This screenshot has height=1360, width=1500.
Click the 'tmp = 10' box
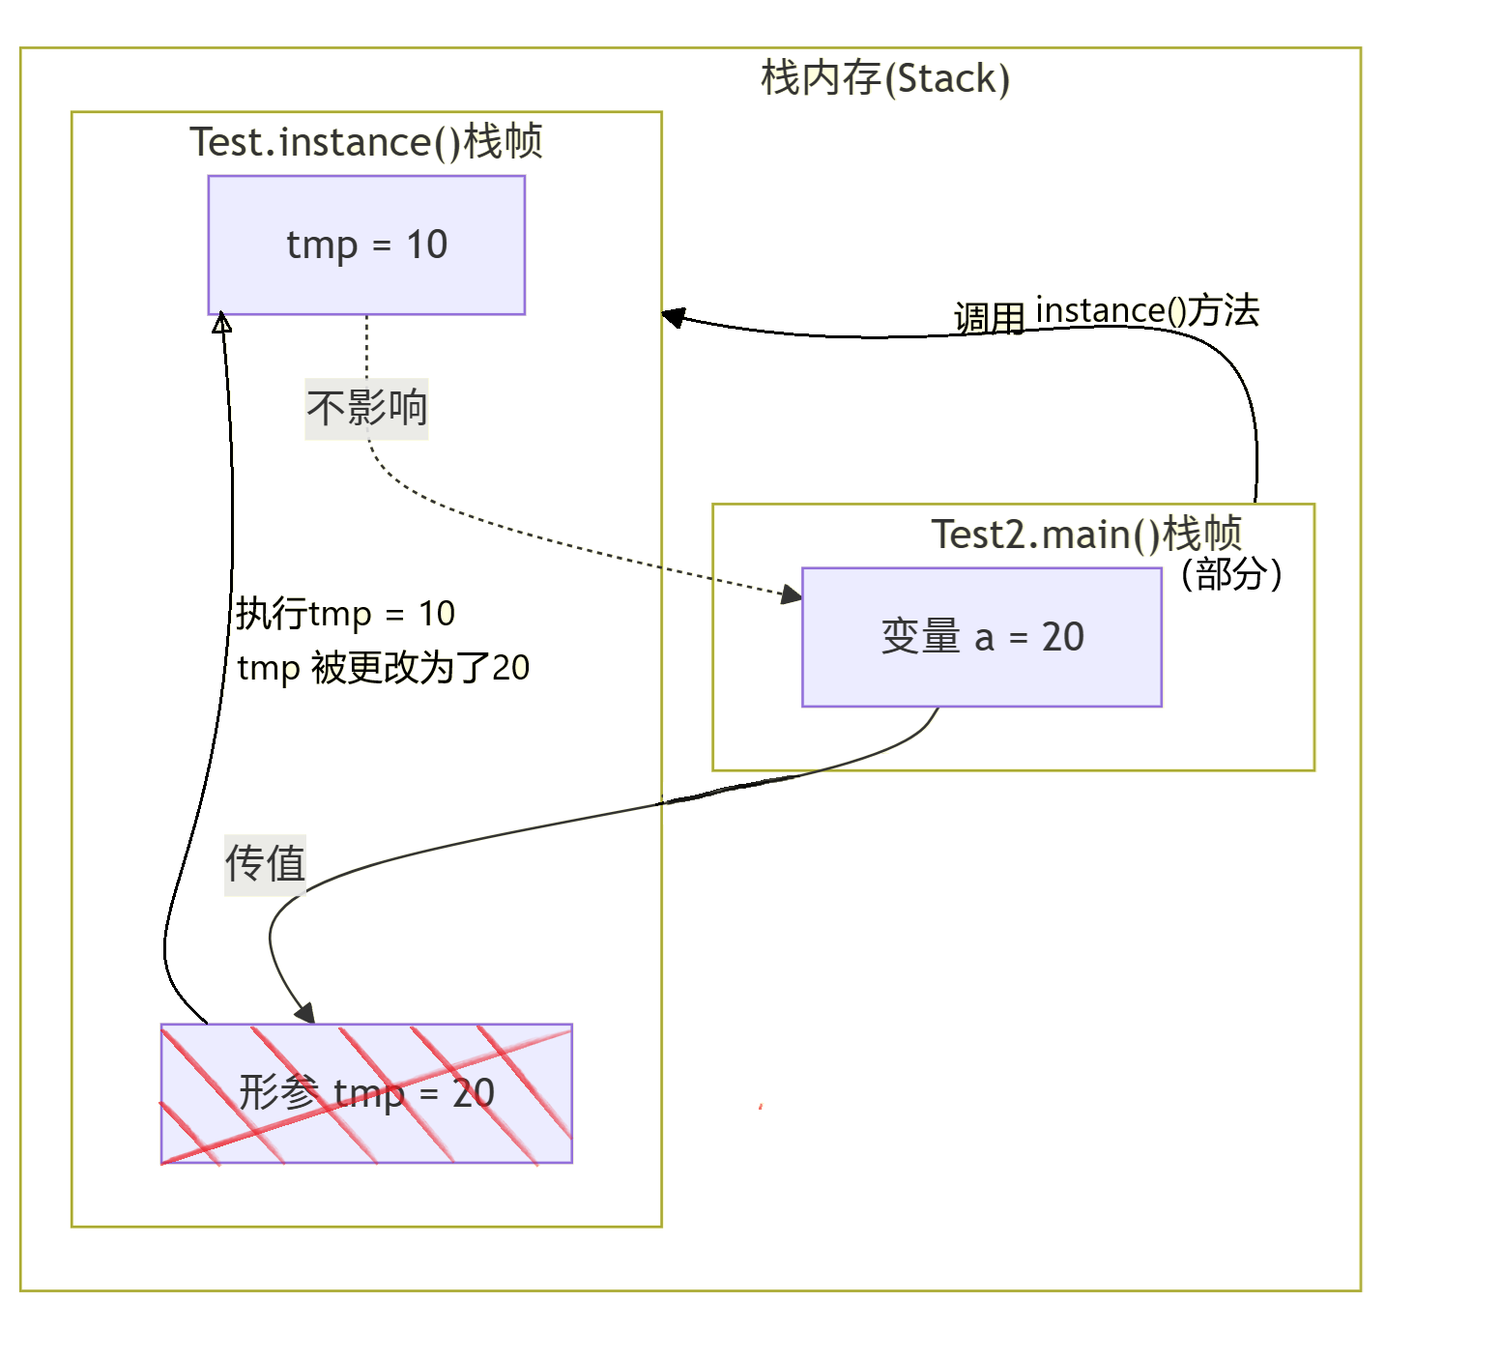pyautogui.click(x=366, y=245)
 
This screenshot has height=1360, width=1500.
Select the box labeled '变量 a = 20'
pyautogui.click(x=981, y=637)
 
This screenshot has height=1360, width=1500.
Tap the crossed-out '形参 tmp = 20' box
pyautogui.click(x=366, y=1093)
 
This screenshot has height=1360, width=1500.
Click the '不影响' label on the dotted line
pyautogui.click(x=366, y=408)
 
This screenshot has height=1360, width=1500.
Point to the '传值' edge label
pyautogui.click(x=265, y=863)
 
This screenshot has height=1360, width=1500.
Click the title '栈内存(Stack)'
pyautogui.click(x=884, y=78)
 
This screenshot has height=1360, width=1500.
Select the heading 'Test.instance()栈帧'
pyautogui.click(x=365, y=142)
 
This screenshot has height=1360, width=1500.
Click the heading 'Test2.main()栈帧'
pyautogui.click(x=1085, y=534)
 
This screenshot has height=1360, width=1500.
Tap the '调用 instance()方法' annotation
pyautogui.click(x=1107, y=313)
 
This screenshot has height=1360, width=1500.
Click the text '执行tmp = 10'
pyautogui.click(x=345, y=614)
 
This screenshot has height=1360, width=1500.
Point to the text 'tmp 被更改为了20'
pyautogui.click(x=383, y=668)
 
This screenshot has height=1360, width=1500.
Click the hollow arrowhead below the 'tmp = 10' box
pyautogui.click(x=222, y=322)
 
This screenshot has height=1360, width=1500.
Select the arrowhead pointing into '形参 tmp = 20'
pyautogui.click(x=305, y=1013)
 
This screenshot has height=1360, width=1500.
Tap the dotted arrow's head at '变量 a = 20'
pyautogui.click(x=792, y=593)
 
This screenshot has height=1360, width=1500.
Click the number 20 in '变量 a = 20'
pyautogui.click(x=1062, y=637)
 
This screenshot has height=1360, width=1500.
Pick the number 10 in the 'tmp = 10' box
pyautogui.click(x=426, y=245)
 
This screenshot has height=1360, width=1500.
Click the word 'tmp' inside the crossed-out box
pyautogui.click(x=368, y=1094)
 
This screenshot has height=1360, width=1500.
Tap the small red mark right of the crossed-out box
pyautogui.click(x=762, y=1106)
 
